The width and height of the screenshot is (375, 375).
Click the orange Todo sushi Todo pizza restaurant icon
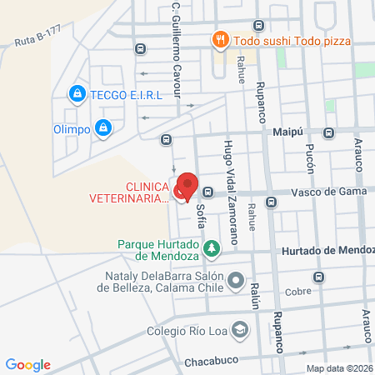click(x=220, y=38)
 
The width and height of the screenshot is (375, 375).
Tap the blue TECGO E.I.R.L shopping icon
click(x=77, y=93)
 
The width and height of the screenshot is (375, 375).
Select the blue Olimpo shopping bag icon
click(x=103, y=128)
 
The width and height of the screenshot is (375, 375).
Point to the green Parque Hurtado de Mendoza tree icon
click(x=212, y=248)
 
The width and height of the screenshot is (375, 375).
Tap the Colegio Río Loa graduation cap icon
click(x=241, y=328)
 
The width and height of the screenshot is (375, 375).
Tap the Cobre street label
click(x=297, y=291)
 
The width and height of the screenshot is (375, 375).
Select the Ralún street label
click(x=255, y=296)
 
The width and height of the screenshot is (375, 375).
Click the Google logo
click(x=28, y=364)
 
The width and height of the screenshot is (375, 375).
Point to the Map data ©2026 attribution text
click(x=338, y=368)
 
